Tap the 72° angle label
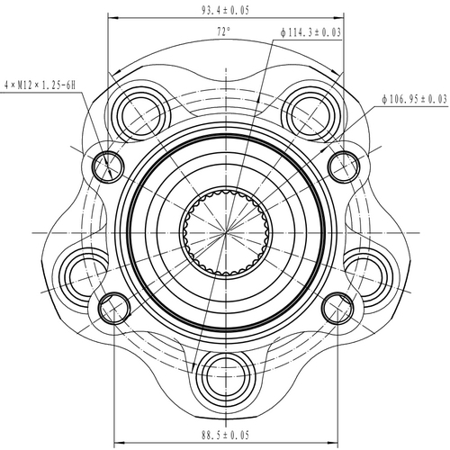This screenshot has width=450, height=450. pyautogui.click(x=224, y=31)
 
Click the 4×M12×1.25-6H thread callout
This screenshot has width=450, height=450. pyautogui.click(x=41, y=84)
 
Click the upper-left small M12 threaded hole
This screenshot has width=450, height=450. pyautogui.click(x=108, y=164)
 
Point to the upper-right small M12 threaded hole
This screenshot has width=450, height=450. pyautogui.click(x=344, y=164)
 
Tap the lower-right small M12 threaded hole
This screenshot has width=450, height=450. pyautogui.click(x=337, y=307)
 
